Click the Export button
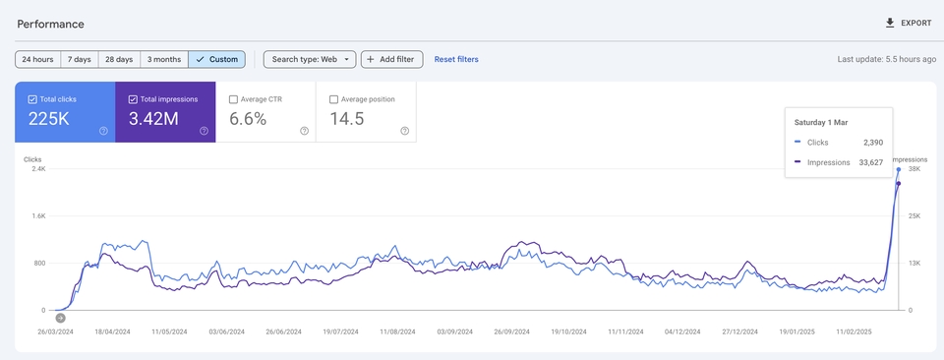point(909,23)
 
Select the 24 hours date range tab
point(38,59)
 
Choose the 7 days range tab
point(80,59)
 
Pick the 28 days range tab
point(119,59)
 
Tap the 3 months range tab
point(164,59)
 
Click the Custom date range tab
point(216,59)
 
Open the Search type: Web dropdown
point(308,59)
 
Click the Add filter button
point(392,59)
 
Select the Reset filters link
point(456,59)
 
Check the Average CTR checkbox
point(233,99)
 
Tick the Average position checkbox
point(334,99)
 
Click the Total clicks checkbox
point(33,99)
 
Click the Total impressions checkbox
point(134,99)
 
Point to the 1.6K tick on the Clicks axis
point(36,215)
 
